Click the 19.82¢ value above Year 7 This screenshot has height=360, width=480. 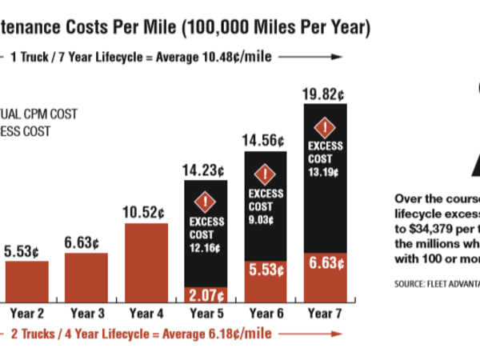pyautogui.click(x=324, y=94)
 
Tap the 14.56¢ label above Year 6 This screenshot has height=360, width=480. pyautogui.click(x=264, y=141)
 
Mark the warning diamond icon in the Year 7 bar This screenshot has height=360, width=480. pyautogui.click(x=324, y=127)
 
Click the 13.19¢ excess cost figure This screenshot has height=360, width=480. pyautogui.click(x=324, y=170)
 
